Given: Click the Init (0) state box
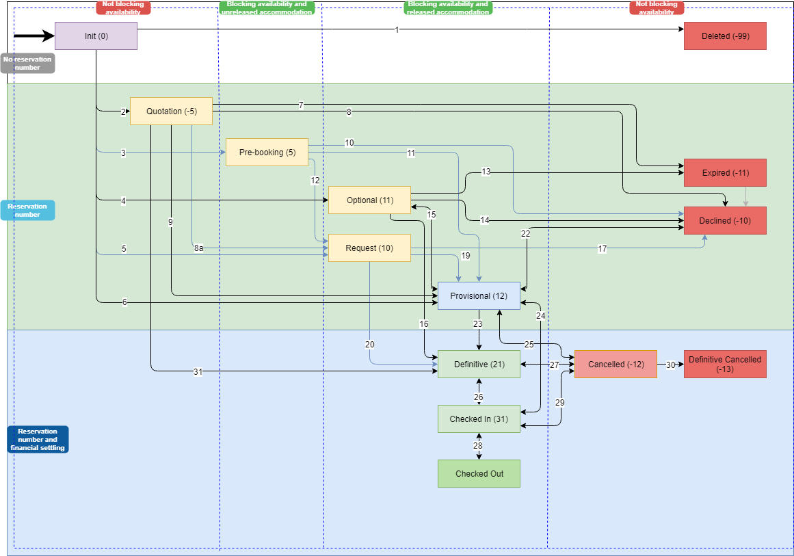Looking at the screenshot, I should [96, 36].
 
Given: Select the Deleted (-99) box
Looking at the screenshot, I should [725, 36].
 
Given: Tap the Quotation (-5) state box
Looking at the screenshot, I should [171, 111].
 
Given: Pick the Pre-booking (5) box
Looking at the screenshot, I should [267, 153].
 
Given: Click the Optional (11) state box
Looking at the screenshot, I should [369, 200].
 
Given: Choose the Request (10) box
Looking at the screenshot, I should [369, 248].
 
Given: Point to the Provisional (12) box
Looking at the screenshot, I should [479, 296].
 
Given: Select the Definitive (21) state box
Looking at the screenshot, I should [479, 365].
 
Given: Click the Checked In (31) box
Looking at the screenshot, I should [479, 419].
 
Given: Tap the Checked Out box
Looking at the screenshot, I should [479, 474].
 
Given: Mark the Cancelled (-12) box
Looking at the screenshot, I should [616, 365].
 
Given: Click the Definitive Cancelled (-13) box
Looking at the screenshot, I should [725, 365].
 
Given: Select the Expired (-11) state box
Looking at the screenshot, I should [725, 173].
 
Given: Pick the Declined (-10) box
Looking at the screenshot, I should [725, 221].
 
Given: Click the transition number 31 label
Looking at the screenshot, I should [198, 372].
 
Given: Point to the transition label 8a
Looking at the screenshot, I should [198, 248].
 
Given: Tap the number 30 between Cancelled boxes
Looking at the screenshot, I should [670, 365].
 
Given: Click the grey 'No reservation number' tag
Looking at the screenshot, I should [27, 64].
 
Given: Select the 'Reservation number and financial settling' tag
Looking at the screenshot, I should [38, 440].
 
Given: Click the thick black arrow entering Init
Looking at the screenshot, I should [34, 36].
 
